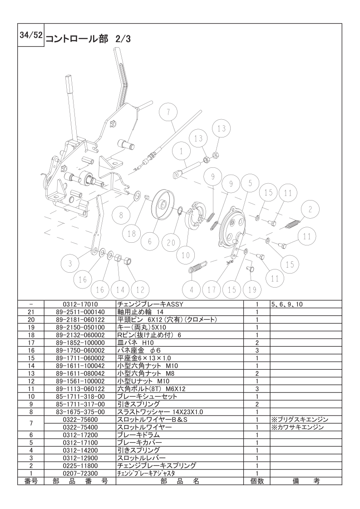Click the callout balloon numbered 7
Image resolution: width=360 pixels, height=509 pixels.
(168, 113)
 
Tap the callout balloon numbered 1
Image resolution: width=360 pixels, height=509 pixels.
(181, 151)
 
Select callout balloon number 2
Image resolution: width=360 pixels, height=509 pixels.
(310, 210)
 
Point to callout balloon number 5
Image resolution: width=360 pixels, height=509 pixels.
(250, 183)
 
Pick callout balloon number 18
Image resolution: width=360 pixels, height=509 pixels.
(132, 233)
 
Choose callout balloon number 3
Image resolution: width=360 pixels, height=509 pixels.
(70, 264)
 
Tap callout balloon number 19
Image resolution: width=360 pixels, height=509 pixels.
(252, 289)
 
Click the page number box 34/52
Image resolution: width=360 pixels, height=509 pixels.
(31, 35)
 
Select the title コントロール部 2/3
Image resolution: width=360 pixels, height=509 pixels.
(88, 39)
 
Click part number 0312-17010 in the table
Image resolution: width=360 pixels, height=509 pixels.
(80, 304)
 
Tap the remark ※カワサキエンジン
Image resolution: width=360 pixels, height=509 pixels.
(297, 427)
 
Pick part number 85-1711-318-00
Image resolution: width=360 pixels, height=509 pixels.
(80, 396)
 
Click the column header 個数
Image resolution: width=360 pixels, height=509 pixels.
(256, 481)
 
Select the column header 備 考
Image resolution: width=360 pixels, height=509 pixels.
(306, 481)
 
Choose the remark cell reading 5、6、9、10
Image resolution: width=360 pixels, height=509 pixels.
(286, 304)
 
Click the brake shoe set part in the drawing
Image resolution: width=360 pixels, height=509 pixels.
(195, 215)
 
